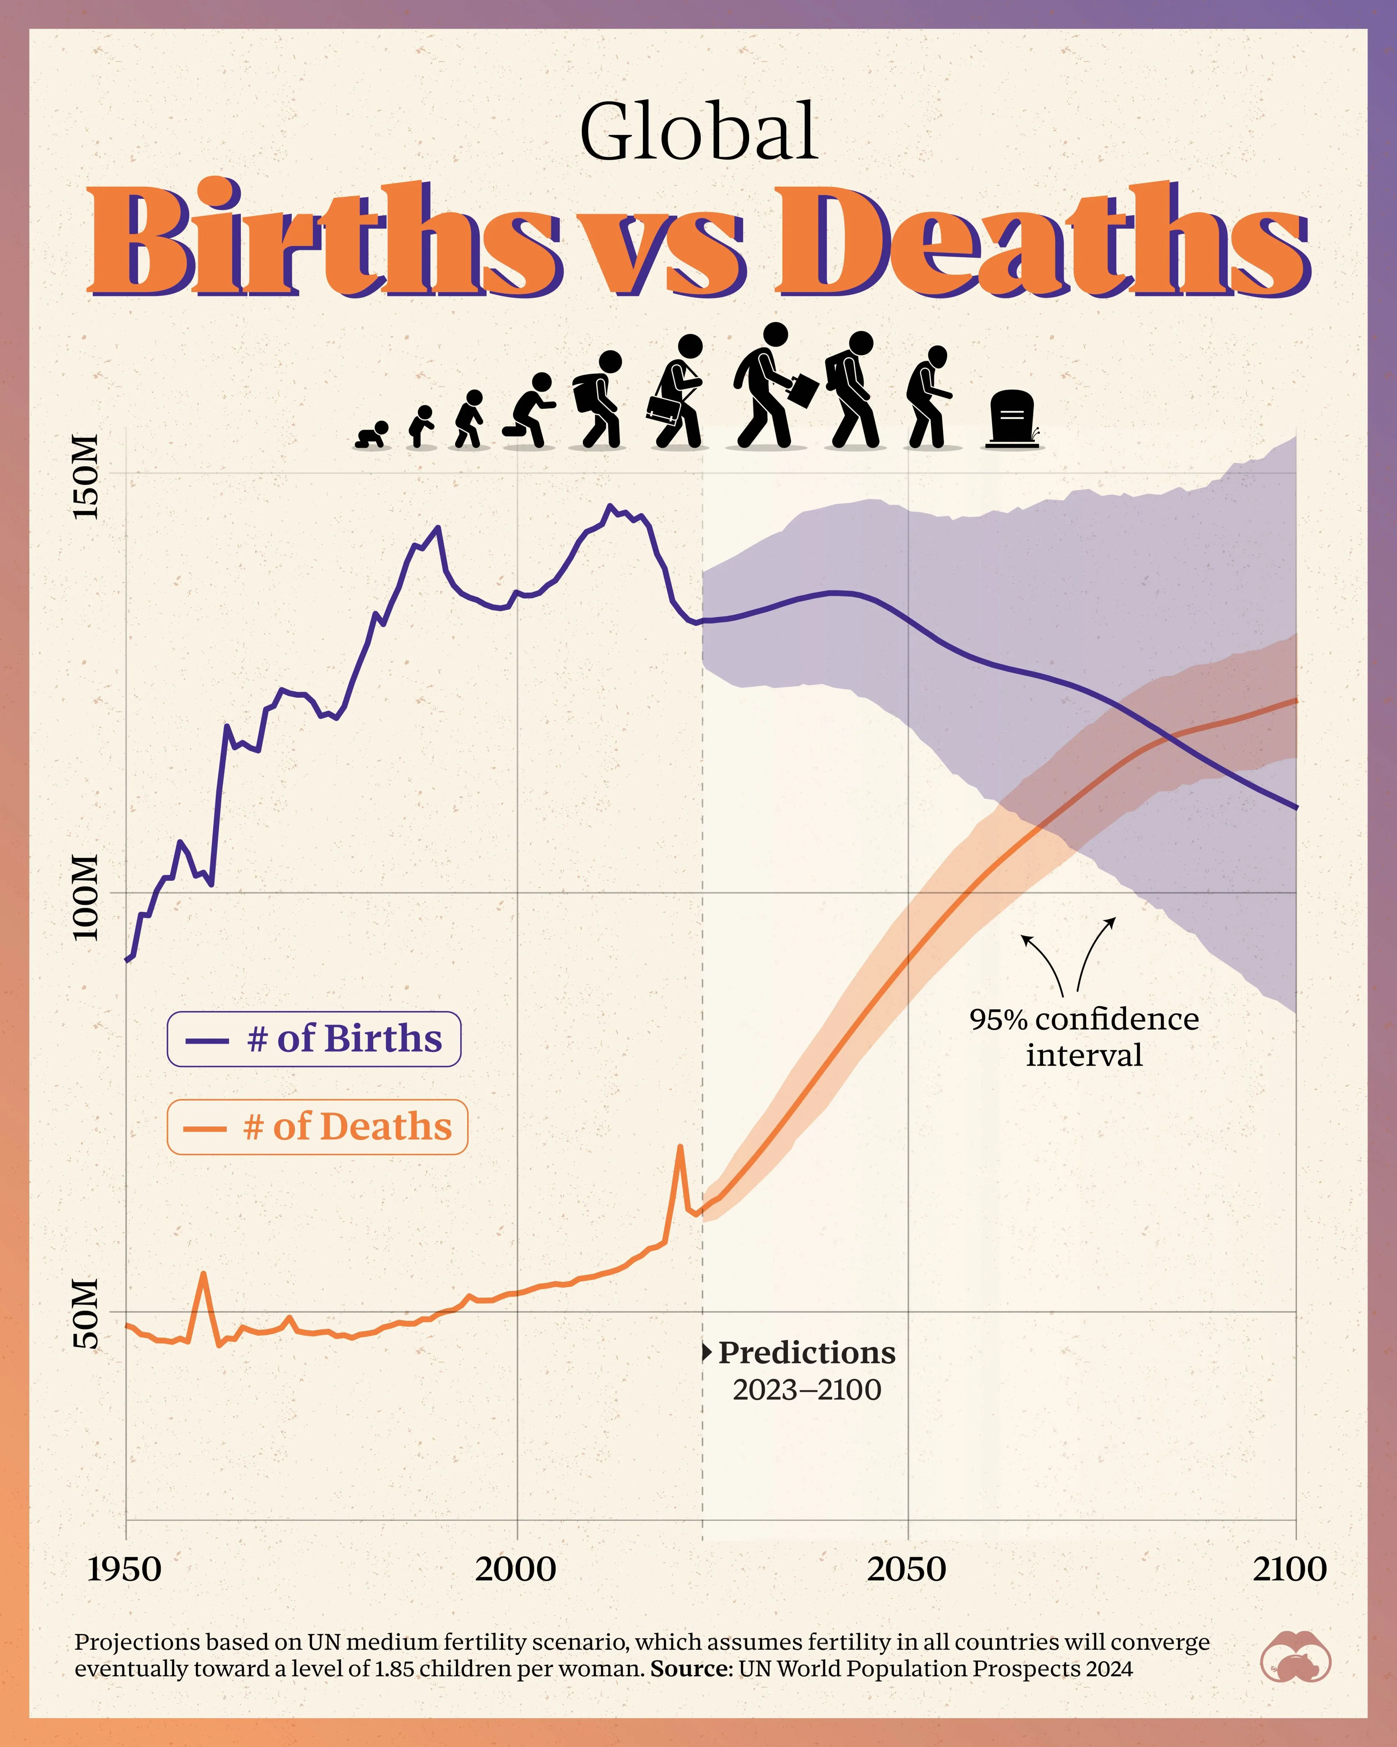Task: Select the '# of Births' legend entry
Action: point(314,1039)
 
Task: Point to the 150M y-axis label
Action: point(86,476)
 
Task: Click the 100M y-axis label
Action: point(86,897)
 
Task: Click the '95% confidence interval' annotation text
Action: point(1084,1036)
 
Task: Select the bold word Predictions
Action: point(807,1352)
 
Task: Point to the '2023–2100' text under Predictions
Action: point(807,1390)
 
